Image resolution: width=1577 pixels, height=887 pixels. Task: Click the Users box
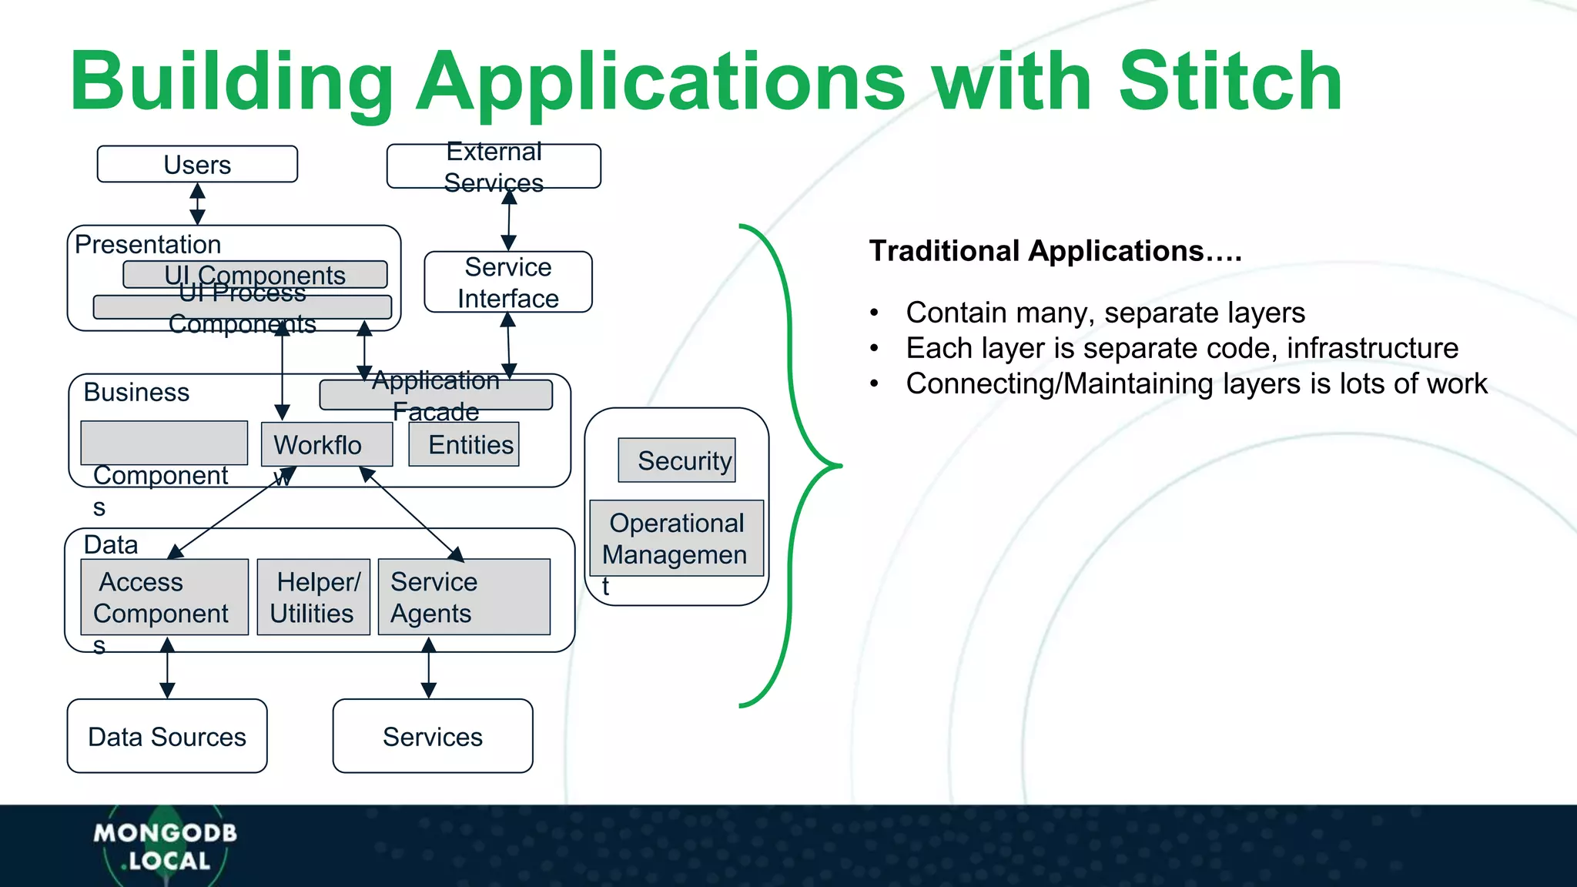pyautogui.click(x=197, y=164)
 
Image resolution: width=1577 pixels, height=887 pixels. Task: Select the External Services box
pyautogui.click(x=494, y=166)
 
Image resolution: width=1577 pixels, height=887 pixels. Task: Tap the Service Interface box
pyautogui.click(x=508, y=282)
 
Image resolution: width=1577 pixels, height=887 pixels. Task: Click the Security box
pyautogui.click(x=677, y=460)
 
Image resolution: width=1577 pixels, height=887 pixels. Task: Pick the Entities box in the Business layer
pyautogui.click(x=464, y=444)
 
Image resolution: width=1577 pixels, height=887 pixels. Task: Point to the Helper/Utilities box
pyautogui.click(x=313, y=597)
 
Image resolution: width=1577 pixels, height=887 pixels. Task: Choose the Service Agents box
pyautogui.click(x=464, y=597)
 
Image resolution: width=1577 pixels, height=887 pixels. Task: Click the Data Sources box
pyautogui.click(x=167, y=736)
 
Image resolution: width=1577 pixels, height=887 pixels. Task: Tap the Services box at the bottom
pyautogui.click(x=433, y=736)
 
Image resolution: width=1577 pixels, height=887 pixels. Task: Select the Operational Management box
pyautogui.click(x=676, y=538)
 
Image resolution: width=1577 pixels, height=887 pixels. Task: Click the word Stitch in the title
pyautogui.click(x=1230, y=82)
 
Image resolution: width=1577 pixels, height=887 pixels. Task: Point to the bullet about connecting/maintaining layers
pyautogui.click(x=1196, y=383)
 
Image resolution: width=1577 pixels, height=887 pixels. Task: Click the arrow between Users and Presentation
pyautogui.click(x=198, y=204)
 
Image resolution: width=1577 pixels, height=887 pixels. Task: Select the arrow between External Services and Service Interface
pyautogui.click(x=509, y=219)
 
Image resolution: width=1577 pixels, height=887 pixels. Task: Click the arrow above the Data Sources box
pyautogui.click(x=167, y=668)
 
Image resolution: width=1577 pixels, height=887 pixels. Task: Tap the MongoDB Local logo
pyautogui.click(x=165, y=845)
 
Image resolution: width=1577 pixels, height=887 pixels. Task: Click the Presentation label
pyautogui.click(x=148, y=244)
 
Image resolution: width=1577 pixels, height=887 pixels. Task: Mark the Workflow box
pyautogui.click(x=326, y=444)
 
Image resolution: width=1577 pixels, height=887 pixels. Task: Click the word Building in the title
pyautogui.click(x=231, y=82)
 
